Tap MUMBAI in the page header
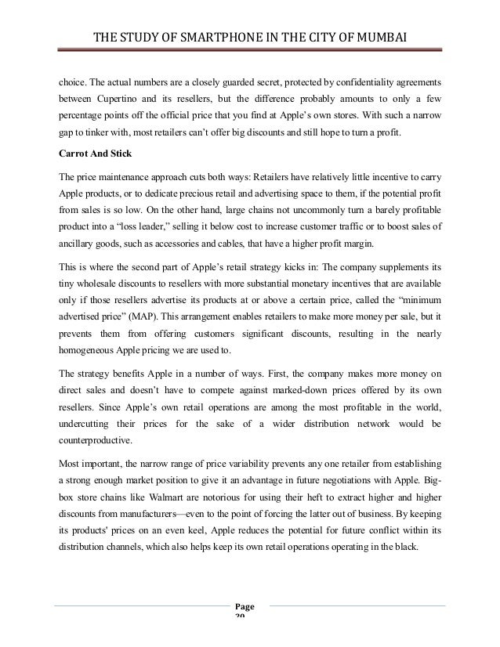[x=382, y=36]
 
